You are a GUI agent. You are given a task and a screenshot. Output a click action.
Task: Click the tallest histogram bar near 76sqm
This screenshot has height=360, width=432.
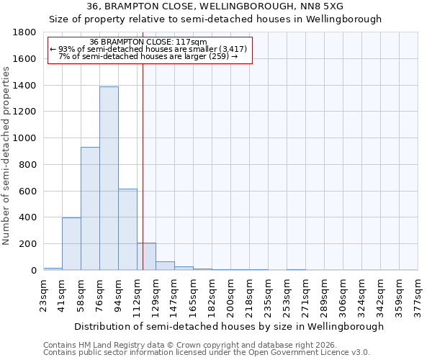click(x=109, y=179)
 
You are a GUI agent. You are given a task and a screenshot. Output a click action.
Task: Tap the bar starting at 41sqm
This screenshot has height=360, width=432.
click(x=71, y=243)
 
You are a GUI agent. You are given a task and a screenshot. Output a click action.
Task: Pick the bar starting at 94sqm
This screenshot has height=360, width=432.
click(x=127, y=229)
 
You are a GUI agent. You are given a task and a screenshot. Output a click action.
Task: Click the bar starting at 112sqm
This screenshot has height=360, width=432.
click(x=146, y=256)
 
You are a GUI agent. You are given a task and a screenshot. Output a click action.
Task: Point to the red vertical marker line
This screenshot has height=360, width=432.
click(x=143, y=166)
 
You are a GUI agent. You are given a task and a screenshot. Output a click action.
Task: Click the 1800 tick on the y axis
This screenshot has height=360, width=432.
click(x=26, y=32)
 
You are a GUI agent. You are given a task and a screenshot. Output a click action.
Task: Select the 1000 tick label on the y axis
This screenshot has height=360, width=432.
click(x=26, y=138)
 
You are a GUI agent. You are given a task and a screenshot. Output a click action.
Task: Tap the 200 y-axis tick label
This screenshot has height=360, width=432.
click(x=29, y=244)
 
